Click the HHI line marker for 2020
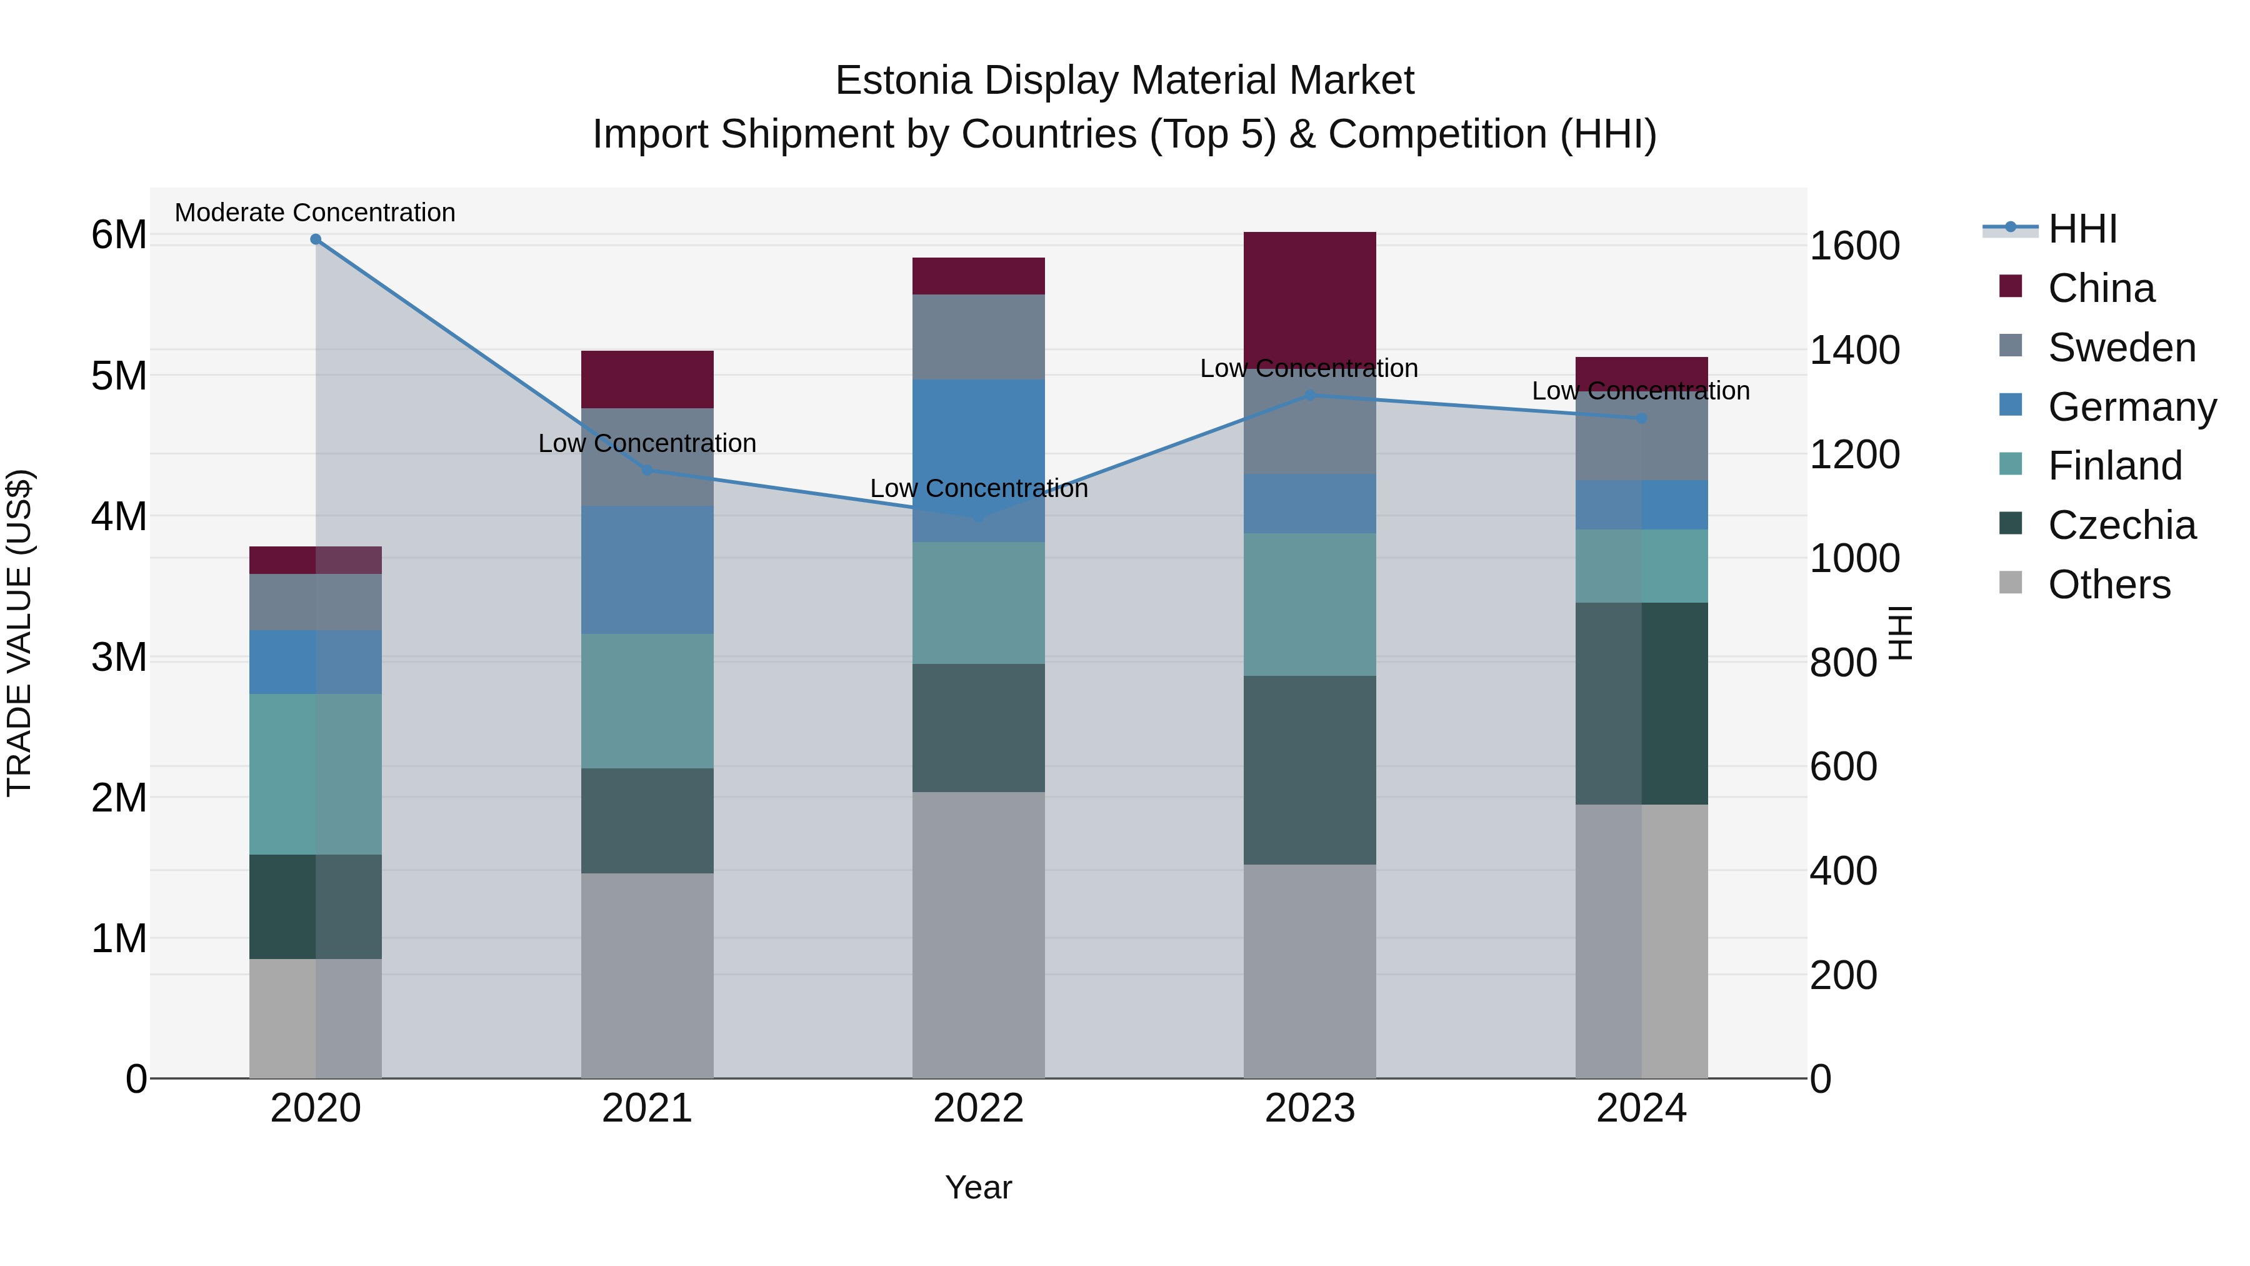coord(316,239)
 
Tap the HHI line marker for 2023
coord(1309,395)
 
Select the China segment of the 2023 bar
coord(1309,297)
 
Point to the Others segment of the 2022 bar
coord(978,935)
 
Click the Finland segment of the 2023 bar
coord(1309,605)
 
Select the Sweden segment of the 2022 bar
coord(978,336)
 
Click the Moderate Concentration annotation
coord(316,213)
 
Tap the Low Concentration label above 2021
coord(647,443)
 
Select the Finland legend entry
coord(2114,466)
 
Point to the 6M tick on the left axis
coord(119,234)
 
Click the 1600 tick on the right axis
coord(1854,246)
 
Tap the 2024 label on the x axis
coord(1641,1108)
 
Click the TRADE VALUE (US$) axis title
coord(19,633)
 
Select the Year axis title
coord(978,1187)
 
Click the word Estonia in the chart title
coord(903,81)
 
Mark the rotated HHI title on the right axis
coord(1901,633)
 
